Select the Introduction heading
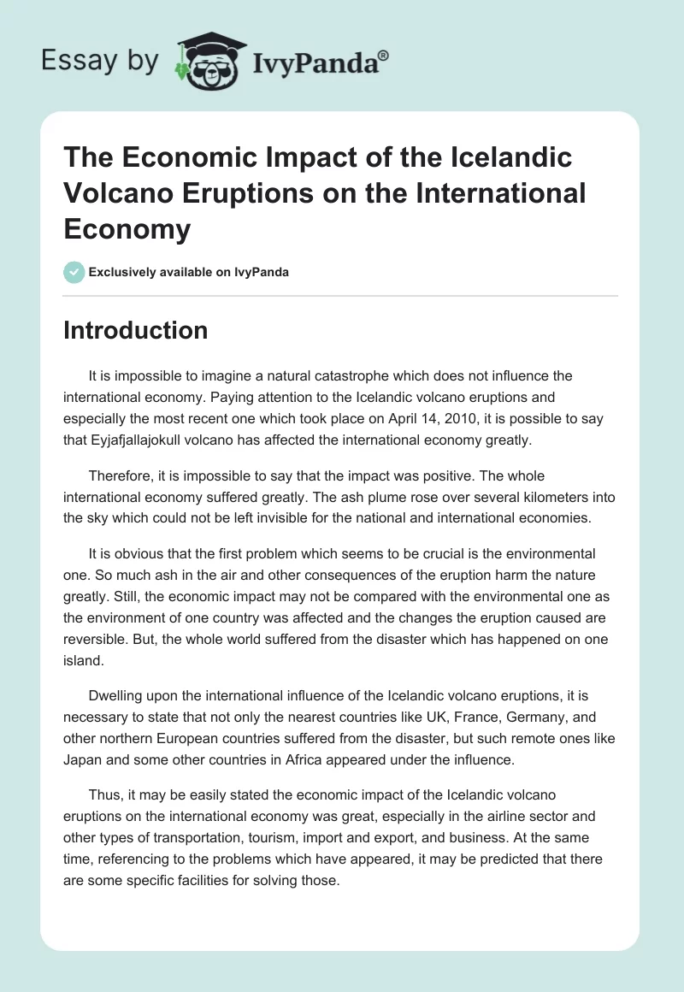click(135, 330)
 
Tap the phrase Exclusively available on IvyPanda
click(188, 272)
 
